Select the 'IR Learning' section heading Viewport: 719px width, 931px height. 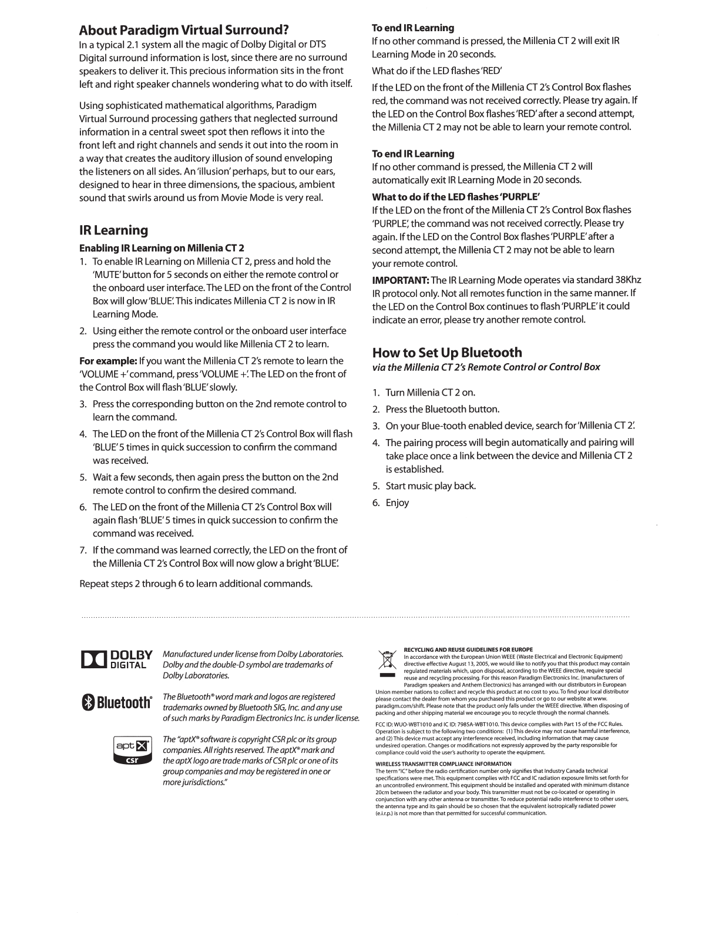[113, 230]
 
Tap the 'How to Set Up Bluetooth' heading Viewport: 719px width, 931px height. [447, 352]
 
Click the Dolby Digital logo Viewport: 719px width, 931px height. [116, 659]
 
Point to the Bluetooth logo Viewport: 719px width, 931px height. [116, 702]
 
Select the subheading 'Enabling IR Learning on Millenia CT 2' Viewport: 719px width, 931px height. [162, 248]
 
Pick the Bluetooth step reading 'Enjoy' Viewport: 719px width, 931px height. [397, 503]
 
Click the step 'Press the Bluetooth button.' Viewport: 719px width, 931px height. [442, 409]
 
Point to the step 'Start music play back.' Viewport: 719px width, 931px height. [430, 486]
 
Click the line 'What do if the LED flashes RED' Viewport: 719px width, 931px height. [437, 71]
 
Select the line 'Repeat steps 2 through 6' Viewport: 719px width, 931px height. [196, 584]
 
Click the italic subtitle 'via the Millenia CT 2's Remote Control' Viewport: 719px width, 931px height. [486, 367]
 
